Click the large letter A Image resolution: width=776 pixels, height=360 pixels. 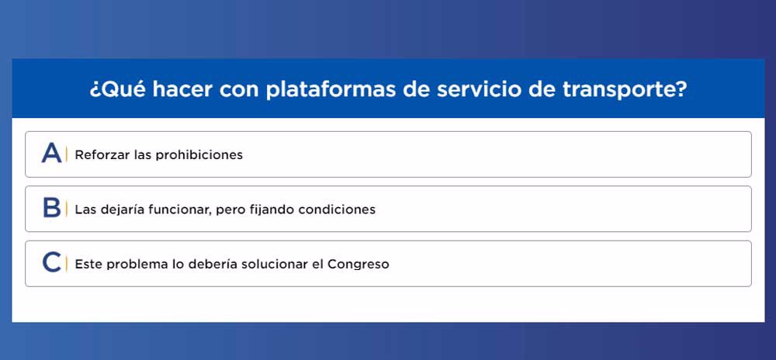tap(51, 153)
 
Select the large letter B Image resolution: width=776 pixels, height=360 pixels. tap(51, 208)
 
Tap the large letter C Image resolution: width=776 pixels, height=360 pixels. tap(51, 262)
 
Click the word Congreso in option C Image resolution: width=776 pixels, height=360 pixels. tap(359, 265)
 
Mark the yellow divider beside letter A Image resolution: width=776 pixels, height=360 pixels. tap(66, 154)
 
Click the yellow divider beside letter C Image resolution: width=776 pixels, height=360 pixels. tap(66, 264)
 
